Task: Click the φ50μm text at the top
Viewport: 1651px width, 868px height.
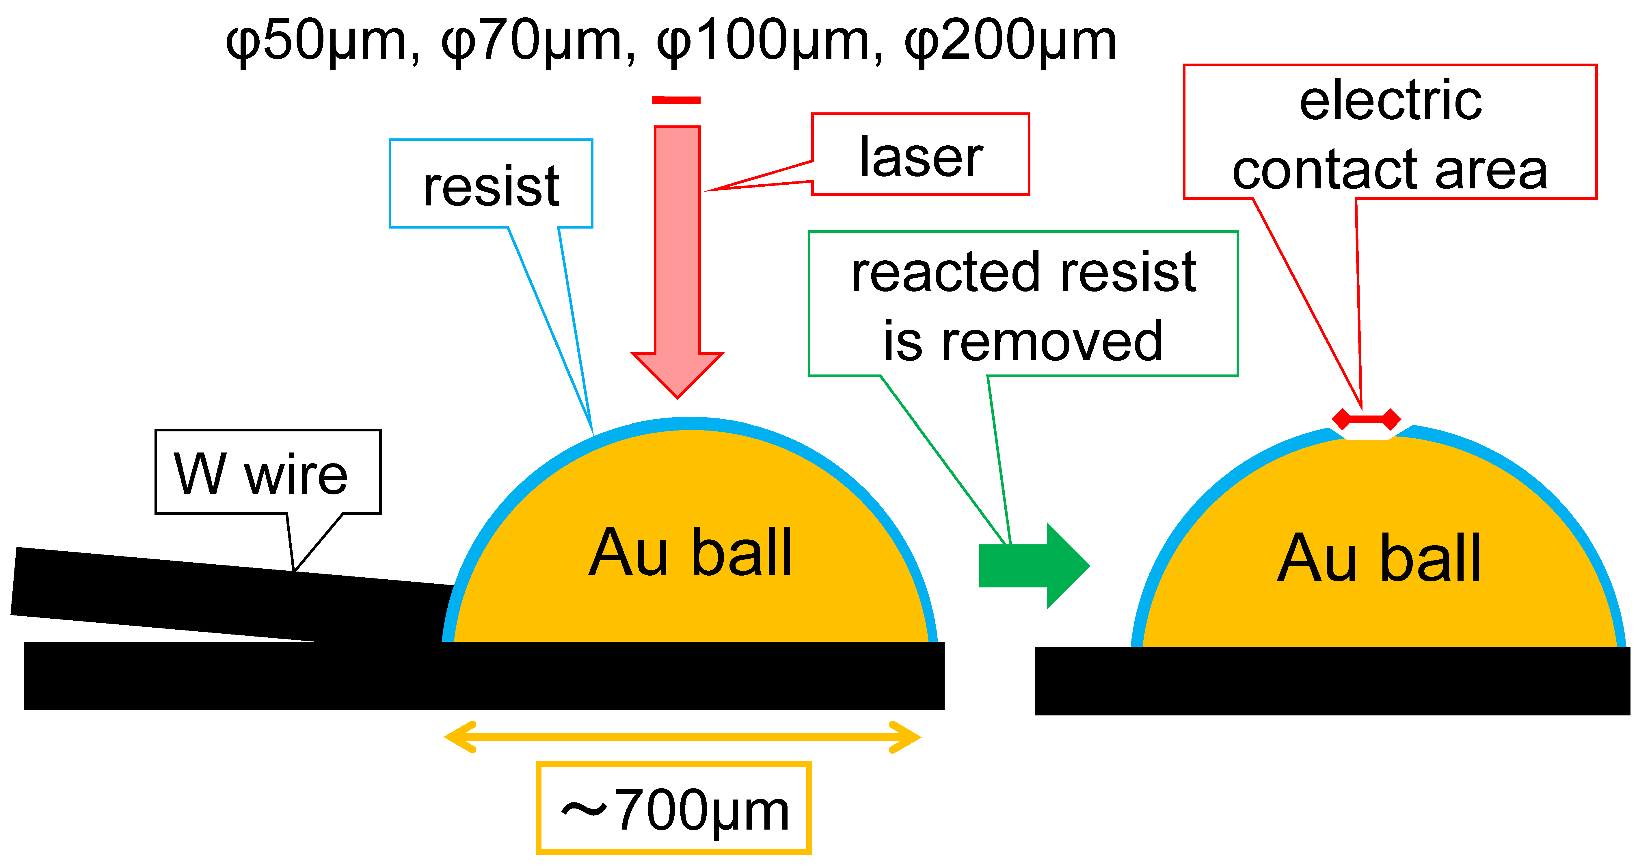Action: point(317,42)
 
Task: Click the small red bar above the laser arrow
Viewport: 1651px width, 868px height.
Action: point(676,100)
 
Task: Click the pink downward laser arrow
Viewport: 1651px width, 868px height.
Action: point(677,256)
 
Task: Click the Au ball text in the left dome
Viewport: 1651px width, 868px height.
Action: point(691,552)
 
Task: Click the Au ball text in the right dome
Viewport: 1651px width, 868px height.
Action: point(1379,559)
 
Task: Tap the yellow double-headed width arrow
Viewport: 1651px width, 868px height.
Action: point(683,737)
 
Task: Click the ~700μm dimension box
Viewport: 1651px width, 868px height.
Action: point(674,808)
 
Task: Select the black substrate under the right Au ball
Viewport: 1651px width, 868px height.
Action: point(1332,681)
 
